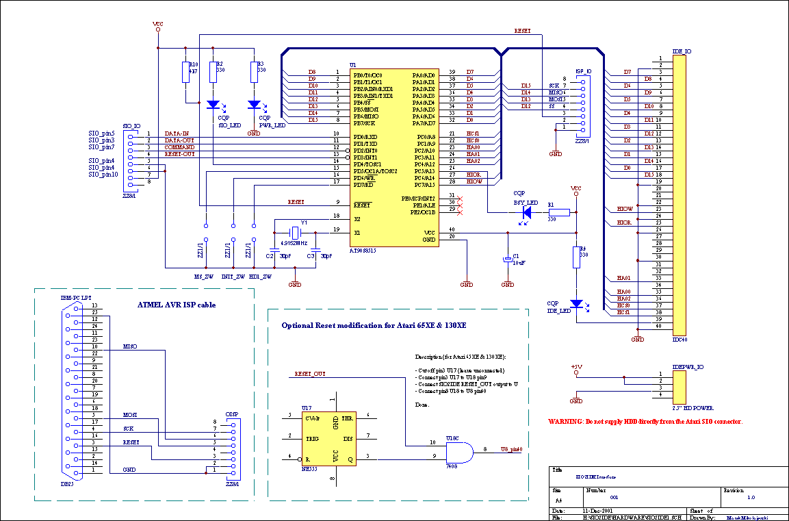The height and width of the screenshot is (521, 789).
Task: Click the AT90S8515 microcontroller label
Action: point(363,251)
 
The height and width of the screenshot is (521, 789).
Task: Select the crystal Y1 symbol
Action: point(296,233)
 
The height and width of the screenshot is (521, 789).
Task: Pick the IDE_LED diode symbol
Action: point(576,303)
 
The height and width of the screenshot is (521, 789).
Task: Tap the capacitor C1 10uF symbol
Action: point(508,259)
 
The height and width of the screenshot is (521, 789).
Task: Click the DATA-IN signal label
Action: point(178,134)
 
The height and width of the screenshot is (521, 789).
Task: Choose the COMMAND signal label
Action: point(179,147)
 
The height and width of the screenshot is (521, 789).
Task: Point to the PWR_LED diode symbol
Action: point(255,105)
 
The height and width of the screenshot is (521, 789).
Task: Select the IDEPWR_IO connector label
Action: point(688,367)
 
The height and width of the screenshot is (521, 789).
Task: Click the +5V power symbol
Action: point(576,368)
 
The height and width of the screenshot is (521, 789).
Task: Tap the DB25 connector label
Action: point(67,483)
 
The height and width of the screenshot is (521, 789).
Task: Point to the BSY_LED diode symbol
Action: point(527,213)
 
